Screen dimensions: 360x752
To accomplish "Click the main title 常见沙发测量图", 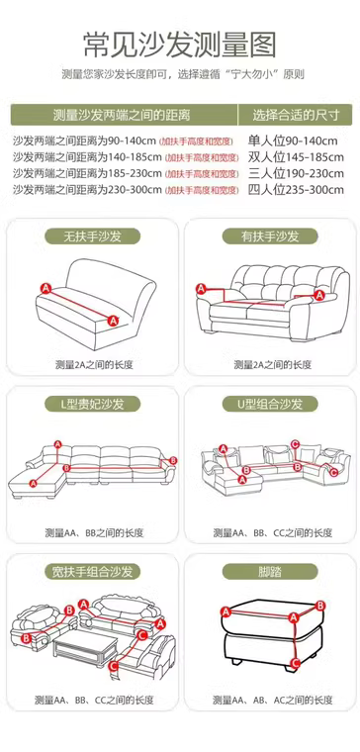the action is [x=180, y=46].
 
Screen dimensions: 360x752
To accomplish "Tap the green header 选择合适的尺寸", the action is [x=296, y=115].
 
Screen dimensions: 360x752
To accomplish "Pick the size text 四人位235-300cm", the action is [x=296, y=190].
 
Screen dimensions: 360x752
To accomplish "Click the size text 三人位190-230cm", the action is [x=296, y=173].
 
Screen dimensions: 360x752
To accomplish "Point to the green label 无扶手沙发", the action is [x=93, y=235].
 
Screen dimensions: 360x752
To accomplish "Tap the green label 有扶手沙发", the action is [x=270, y=235].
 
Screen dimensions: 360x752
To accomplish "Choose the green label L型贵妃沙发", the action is [x=93, y=404].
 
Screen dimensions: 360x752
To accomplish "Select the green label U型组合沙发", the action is [x=270, y=404].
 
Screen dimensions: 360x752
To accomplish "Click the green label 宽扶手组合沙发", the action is [x=93, y=572].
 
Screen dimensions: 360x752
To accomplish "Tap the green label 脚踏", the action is [x=270, y=572].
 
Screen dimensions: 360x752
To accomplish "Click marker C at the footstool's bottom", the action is [x=296, y=663].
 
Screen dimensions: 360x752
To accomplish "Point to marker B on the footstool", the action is [x=320, y=606].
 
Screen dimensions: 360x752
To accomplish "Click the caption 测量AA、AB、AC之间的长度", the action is [x=273, y=700].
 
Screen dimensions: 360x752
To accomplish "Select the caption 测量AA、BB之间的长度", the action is [x=94, y=532].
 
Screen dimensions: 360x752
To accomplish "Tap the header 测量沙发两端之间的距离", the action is [x=122, y=115].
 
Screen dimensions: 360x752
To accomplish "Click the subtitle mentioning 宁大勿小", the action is [x=183, y=74].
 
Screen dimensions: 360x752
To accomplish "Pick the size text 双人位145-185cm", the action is [x=296, y=157].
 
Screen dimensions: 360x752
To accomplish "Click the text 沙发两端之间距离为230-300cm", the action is [x=87, y=189].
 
